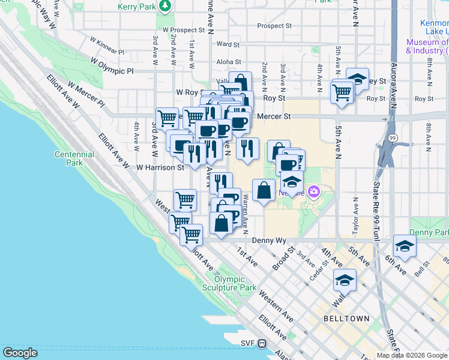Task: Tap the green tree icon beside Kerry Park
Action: click(x=165, y=6)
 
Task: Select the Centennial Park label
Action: click(x=74, y=158)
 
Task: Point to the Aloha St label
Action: click(x=229, y=62)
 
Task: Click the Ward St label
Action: click(x=228, y=44)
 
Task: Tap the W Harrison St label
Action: click(x=160, y=168)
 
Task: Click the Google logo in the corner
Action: click(x=20, y=353)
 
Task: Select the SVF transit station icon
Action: click(x=262, y=344)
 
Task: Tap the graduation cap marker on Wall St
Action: click(x=345, y=280)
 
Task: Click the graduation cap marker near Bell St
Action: click(x=405, y=245)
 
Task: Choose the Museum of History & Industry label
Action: click(x=427, y=46)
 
